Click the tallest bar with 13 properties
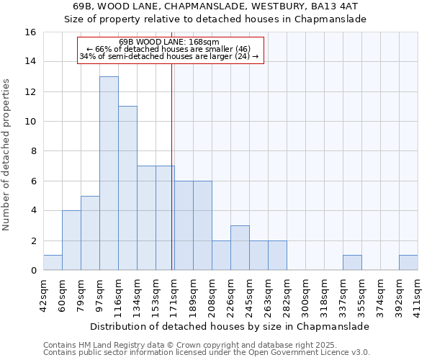point(109,173)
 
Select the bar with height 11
point(127,188)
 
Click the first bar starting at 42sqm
point(53,263)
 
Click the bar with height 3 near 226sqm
point(240,248)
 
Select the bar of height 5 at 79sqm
point(90,233)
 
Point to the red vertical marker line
point(172,180)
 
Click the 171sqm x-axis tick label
point(175,294)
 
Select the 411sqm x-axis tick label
point(418,294)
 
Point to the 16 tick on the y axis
point(30,32)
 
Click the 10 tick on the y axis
point(30,122)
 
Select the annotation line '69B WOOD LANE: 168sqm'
point(169,42)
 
